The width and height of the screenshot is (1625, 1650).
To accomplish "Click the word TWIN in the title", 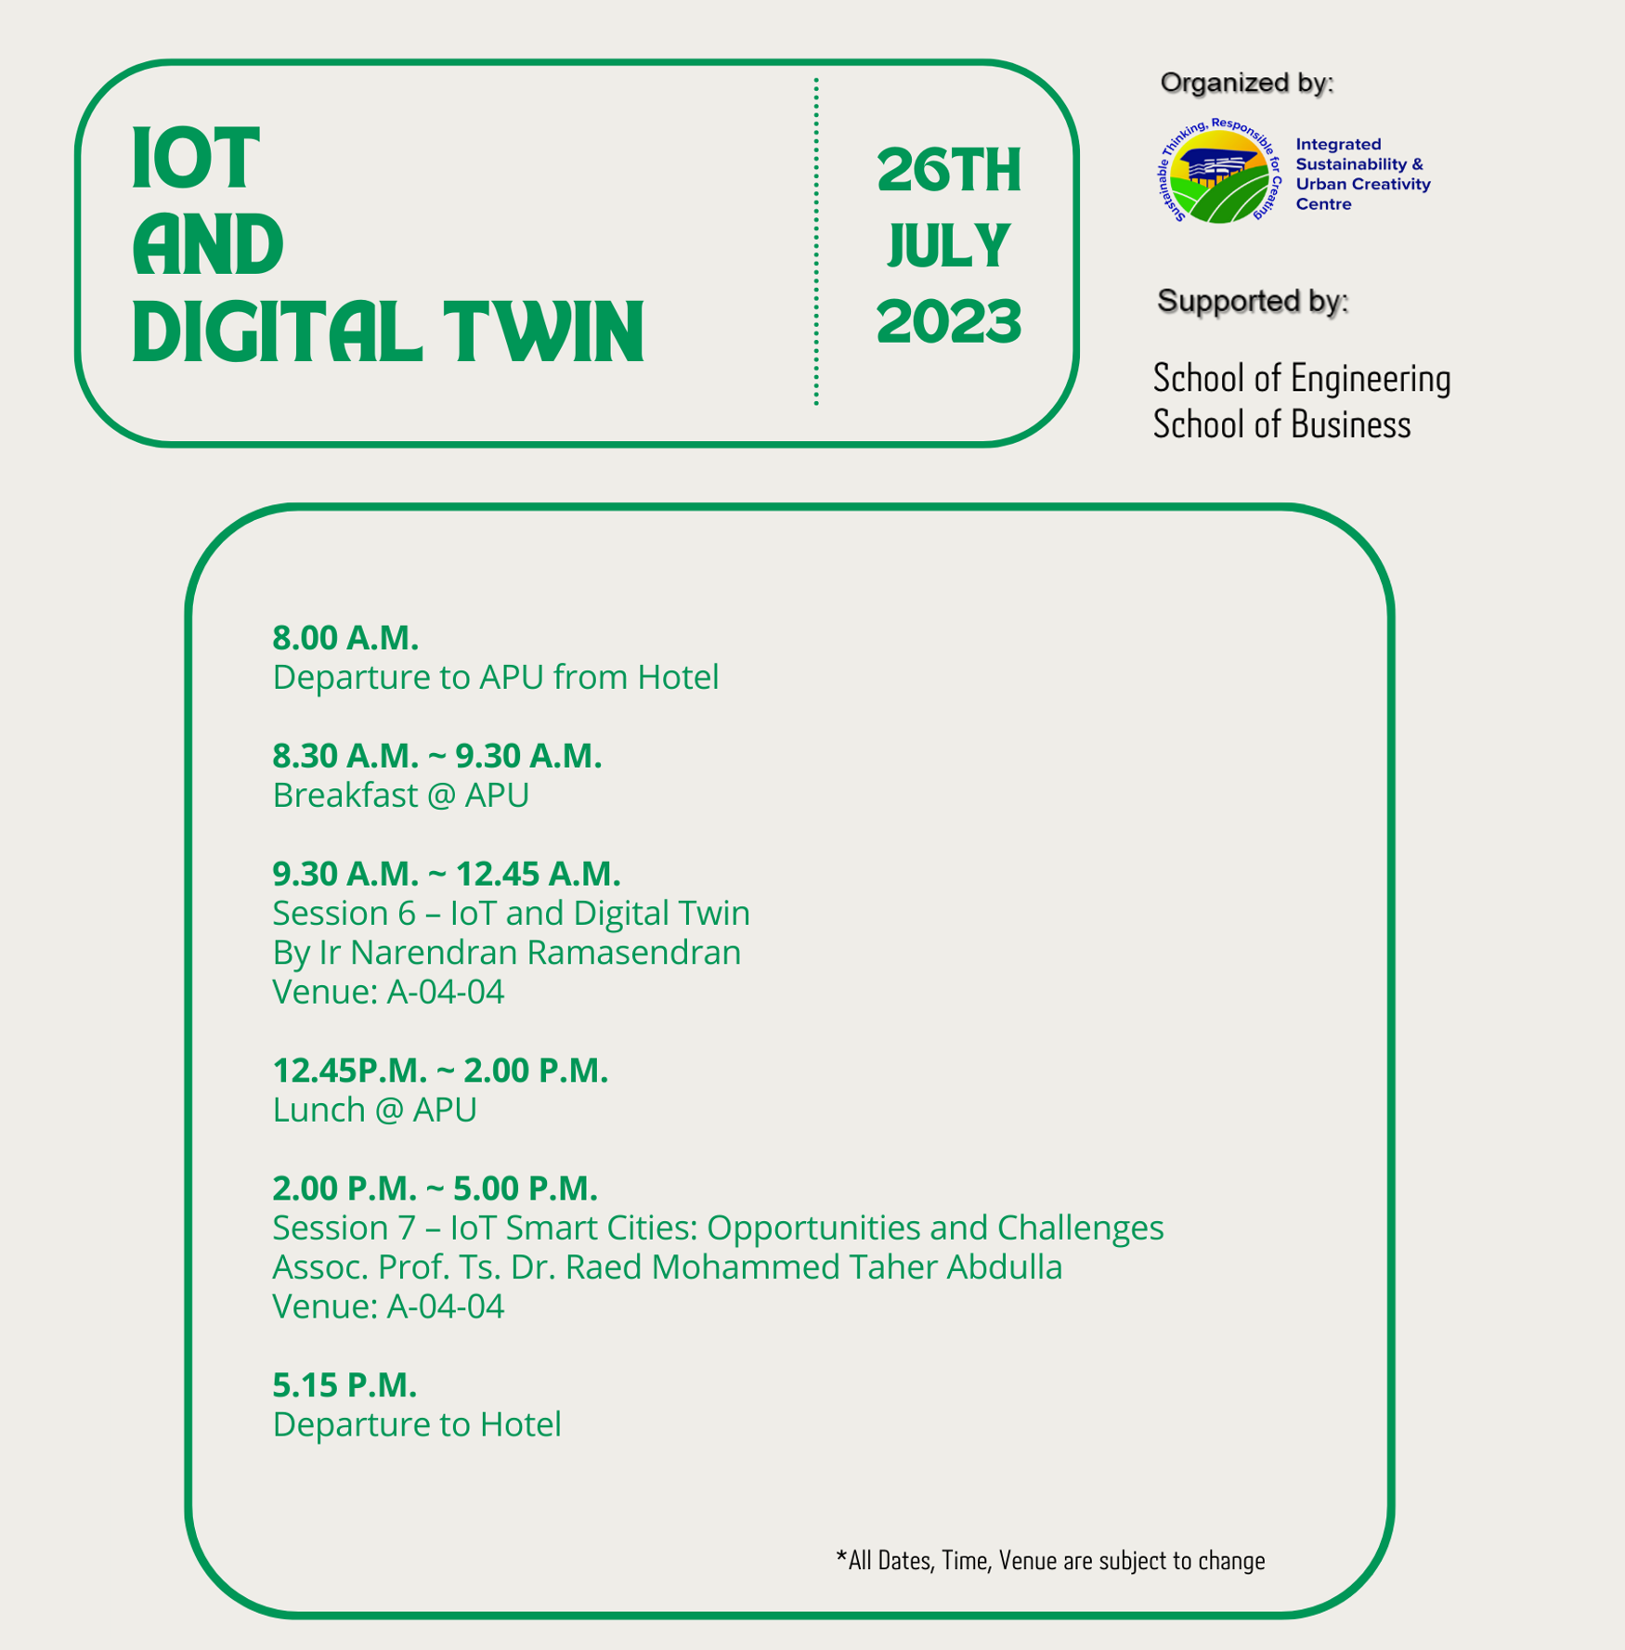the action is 544,331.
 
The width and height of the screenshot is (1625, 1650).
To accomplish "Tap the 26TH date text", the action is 948,171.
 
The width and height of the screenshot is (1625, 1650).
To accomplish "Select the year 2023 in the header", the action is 948,321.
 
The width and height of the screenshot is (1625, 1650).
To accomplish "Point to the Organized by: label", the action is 1246,83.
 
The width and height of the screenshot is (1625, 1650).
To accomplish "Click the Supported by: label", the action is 1252,301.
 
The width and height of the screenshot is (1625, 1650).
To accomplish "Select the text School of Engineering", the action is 1301,379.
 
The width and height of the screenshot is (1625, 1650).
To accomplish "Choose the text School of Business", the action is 1281,424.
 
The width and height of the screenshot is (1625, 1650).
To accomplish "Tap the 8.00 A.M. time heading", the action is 345,638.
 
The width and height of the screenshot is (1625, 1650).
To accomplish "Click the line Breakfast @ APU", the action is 400,795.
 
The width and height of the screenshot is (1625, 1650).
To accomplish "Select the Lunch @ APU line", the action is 374,1110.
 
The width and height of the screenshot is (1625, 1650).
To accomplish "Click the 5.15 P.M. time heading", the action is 344,1384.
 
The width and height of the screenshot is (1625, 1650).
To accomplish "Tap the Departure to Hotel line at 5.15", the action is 416,1424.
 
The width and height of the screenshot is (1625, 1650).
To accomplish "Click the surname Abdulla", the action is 1004,1267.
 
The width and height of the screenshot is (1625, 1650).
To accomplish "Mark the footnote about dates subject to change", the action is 1050,1560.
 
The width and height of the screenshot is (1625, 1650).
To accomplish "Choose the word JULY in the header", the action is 948,246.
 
